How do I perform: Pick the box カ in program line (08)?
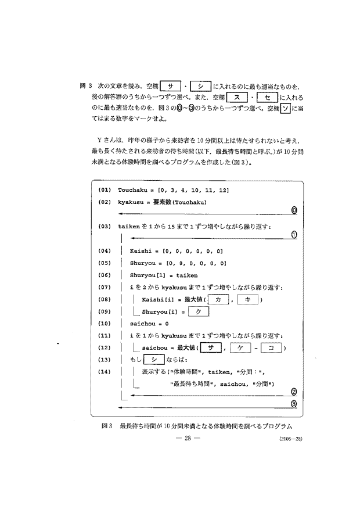pyautogui.click(x=218, y=299)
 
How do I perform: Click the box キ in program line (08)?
pyautogui.click(x=247, y=299)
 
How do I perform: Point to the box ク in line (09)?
pyautogui.click(x=197, y=311)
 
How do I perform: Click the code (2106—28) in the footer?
pyautogui.click(x=289, y=439)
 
